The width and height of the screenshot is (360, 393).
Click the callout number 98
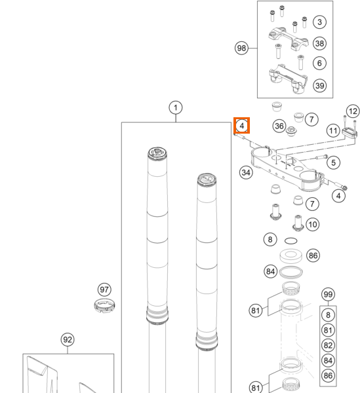point(241,48)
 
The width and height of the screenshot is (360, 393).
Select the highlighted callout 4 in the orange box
point(241,126)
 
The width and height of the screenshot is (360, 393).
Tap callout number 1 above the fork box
point(176,108)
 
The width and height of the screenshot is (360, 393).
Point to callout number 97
point(104,290)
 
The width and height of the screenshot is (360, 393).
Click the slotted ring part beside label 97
point(105,306)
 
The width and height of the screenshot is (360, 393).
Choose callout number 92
point(68,339)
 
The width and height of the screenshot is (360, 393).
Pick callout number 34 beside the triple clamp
point(246,172)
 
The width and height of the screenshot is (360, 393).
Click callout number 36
point(279,126)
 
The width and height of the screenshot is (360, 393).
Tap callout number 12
point(353,111)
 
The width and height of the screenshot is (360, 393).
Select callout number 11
point(333,130)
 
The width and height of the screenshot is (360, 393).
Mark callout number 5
point(333,162)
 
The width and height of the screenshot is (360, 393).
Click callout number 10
point(313,224)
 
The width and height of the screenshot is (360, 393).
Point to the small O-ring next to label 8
point(291,241)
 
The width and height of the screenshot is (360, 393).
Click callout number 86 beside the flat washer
point(313,255)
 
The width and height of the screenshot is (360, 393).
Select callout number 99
point(328,294)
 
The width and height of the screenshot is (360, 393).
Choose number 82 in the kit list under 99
point(328,345)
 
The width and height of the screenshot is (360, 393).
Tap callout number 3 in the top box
point(319,22)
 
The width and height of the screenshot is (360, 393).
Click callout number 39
point(319,86)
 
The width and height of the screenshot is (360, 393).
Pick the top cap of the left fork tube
point(157,153)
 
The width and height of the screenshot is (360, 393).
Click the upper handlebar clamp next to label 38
point(289,39)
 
